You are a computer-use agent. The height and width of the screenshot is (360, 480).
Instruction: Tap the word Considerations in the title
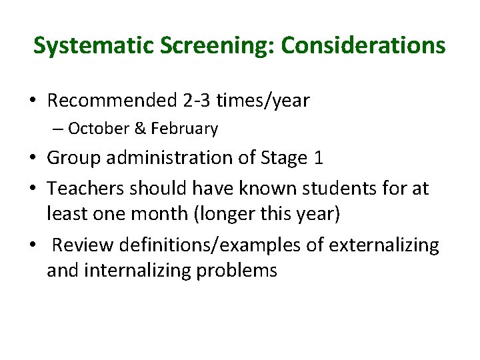coord(363,45)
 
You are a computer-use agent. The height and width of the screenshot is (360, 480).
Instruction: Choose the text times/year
coord(266,101)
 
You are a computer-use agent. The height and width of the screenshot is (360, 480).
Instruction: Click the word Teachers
coord(85,189)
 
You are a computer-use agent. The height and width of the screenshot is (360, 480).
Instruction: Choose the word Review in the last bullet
coord(79,245)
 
